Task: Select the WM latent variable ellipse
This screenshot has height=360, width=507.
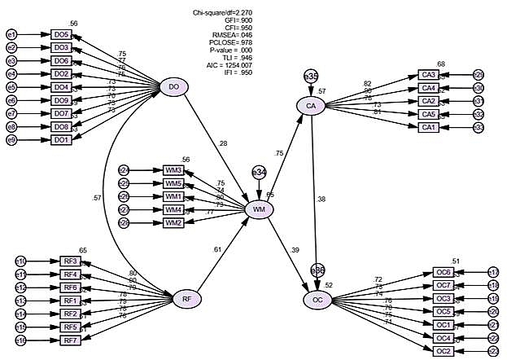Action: point(259,210)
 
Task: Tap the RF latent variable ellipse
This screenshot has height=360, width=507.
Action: point(187,300)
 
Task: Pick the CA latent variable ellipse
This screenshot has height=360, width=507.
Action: point(311,106)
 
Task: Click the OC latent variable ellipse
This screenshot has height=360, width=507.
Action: point(318,300)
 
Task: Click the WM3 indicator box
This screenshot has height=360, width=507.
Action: point(173,169)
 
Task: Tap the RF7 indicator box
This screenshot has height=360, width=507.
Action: point(71,340)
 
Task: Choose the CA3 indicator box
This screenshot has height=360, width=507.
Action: point(429,74)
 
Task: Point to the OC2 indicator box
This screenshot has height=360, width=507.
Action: point(444,350)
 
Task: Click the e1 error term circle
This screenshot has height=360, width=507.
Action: point(11,34)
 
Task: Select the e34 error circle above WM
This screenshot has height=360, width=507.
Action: point(259,173)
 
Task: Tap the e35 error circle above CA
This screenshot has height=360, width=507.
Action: point(311,76)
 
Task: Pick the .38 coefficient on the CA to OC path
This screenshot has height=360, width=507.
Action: point(322,198)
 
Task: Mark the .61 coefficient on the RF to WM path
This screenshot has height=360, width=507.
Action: point(216,249)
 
